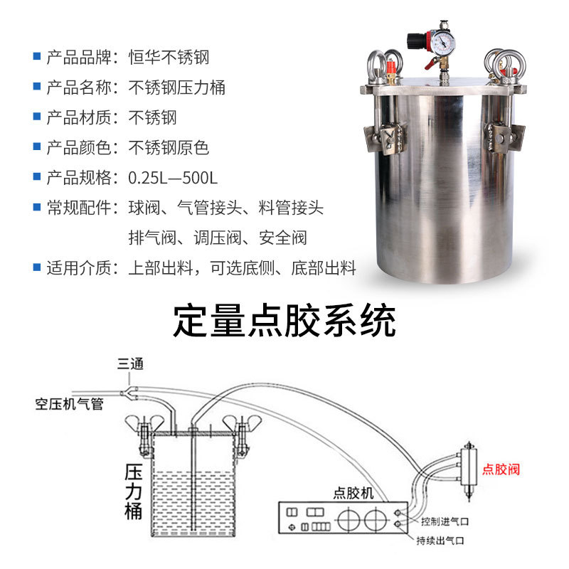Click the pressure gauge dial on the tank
click(x=443, y=44)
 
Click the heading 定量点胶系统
click(x=284, y=321)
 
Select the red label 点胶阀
click(x=501, y=469)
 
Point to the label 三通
click(x=130, y=363)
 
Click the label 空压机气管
click(x=69, y=403)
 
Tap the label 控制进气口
click(x=445, y=521)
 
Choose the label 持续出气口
click(x=440, y=541)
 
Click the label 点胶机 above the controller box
click(x=353, y=493)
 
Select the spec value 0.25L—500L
click(x=173, y=178)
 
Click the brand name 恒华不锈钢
click(x=169, y=58)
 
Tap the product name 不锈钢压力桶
click(x=176, y=87)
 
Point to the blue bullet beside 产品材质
click(x=37, y=116)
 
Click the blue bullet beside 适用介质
click(x=37, y=267)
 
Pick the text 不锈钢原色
click(x=169, y=148)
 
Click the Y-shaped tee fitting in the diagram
click(x=129, y=393)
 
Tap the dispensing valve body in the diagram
click(x=469, y=468)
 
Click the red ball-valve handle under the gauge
click(x=431, y=64)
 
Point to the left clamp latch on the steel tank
click(x=385, y=137)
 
